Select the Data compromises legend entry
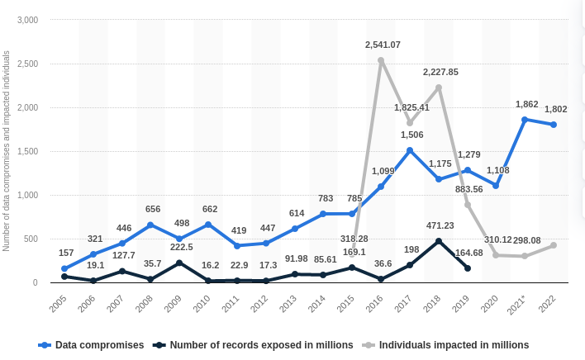[99, 344]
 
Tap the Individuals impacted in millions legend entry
[454, 344]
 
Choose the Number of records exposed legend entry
[261, 344]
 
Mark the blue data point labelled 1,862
[525, 119]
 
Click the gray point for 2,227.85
[439, 88]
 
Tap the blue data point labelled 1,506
[410, 150]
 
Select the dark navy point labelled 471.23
[439, 241]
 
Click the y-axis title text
[7, 151]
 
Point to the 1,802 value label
[554, 108]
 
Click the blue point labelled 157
[64, 268]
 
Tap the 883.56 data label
[468, 189]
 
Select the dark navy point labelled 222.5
[179, 263]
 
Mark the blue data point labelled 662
[208, 225]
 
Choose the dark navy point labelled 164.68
[468, 268]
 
